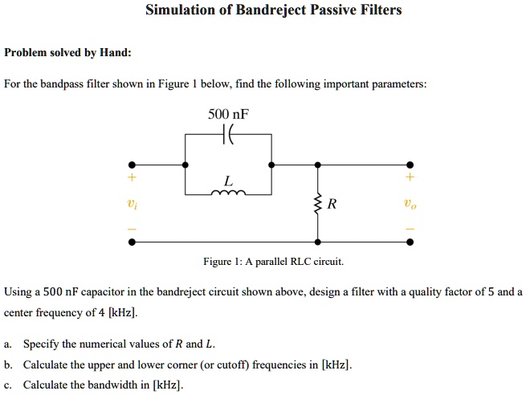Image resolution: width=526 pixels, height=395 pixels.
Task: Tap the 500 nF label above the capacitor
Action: [x=228, y=115]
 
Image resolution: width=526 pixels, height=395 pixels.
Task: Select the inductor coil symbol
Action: [x=229, y=193]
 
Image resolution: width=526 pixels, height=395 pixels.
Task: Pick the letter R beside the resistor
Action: [x=332, y=204]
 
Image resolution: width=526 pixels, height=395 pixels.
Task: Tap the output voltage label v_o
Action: [x=410, y=204]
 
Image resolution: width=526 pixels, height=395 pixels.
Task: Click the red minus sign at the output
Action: [x=410, y=230]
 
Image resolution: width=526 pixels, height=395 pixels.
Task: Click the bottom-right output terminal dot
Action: [x=410, y=242]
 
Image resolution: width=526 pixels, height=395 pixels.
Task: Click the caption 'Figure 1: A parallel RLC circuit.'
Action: [x=273, y=262]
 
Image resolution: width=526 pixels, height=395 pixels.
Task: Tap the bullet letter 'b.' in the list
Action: [x=8, y=364]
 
